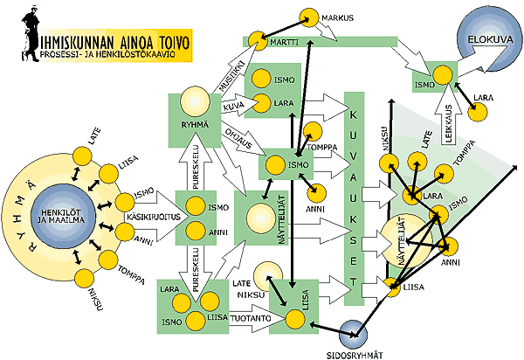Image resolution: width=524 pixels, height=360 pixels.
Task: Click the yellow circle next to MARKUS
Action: click(308, 17)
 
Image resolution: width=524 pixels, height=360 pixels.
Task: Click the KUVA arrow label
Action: click(232, 106)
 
